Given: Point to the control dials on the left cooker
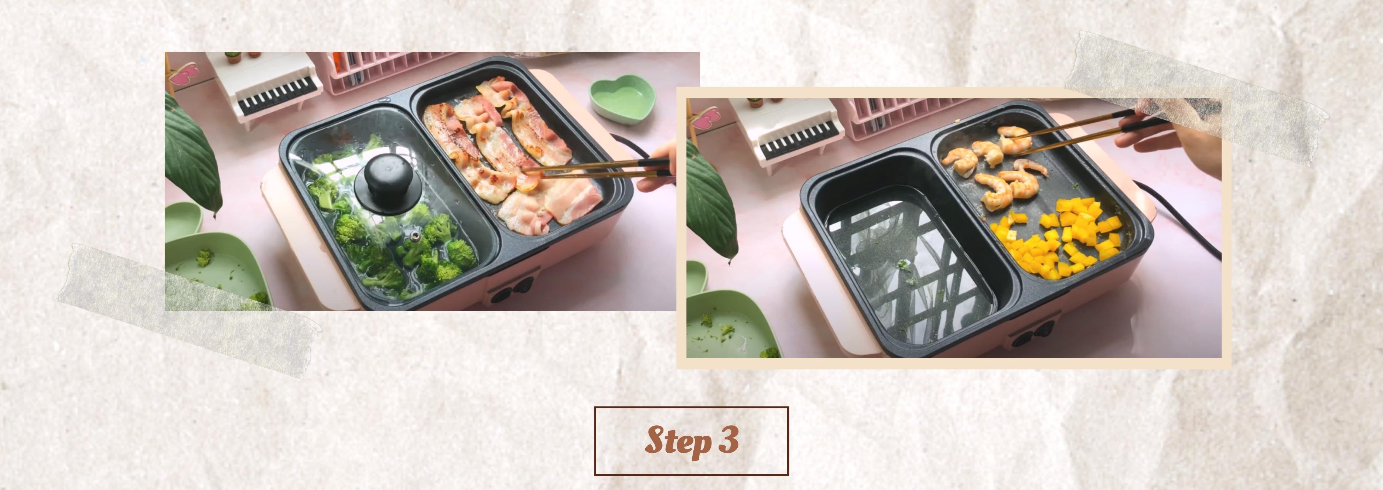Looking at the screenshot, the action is pos(513,290).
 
